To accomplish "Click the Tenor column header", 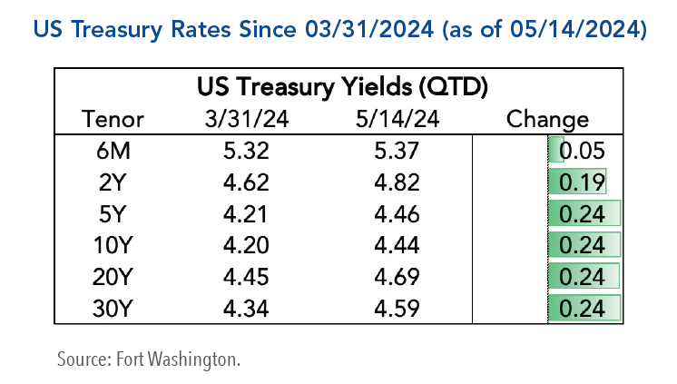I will [113, 119].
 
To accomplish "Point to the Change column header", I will [547, 119].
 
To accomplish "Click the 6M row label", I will [113, 151].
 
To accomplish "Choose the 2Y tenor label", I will [113, 182].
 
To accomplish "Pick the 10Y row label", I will [113, 245].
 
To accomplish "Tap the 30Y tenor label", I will [113, 308].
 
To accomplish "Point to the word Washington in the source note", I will [195, 357].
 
